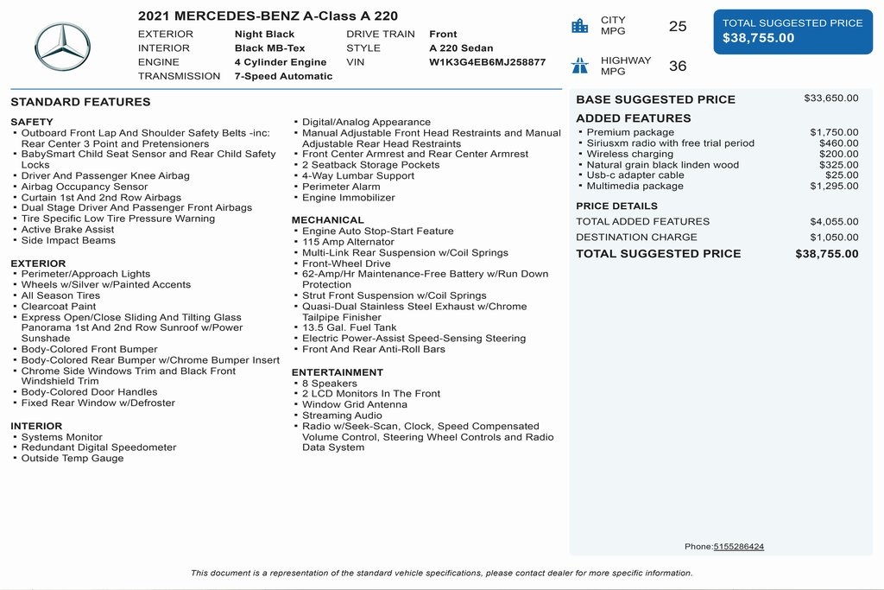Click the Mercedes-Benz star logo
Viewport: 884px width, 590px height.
pos(62,47)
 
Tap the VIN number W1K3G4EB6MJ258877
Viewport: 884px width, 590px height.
pos(487,62)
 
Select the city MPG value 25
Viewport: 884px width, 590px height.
pos(678,26)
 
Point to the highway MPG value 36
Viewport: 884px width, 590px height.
pos(678,66)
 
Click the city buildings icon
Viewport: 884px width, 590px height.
pos(580,26)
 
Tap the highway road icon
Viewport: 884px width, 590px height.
pos(580,66)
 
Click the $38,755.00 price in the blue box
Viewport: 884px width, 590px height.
pos(758,38)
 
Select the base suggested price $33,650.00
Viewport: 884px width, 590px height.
pos(830,98)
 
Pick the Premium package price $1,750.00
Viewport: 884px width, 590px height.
pos(834,132)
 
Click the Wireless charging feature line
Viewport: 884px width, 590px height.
pos(629,154)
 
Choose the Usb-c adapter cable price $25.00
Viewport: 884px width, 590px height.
pos(842,175)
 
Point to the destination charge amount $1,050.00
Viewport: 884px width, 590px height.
pos(834,238)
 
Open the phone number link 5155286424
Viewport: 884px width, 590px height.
pos(738,547)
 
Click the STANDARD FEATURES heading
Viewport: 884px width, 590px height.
pos(80,102)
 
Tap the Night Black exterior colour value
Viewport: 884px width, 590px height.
pos(264,35)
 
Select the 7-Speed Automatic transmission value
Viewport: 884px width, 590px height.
pos(283,76)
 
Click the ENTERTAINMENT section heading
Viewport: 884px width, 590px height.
pos(337,372)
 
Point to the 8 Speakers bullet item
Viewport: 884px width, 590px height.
pos(329,384)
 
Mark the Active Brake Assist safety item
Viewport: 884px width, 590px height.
pos(67,230)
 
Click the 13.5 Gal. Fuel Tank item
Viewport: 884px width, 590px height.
pos(349,328)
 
